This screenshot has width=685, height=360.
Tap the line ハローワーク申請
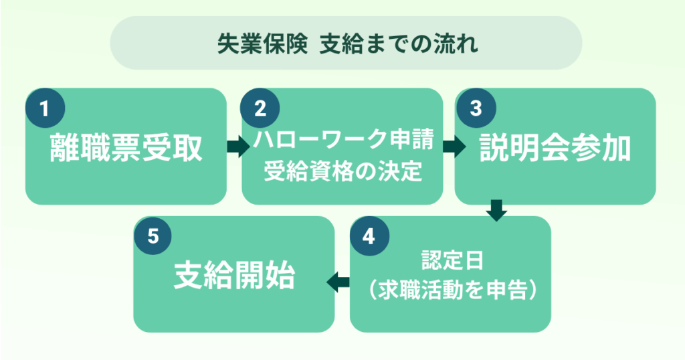tap(342, 141)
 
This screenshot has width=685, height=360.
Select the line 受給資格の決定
tap(342, 172)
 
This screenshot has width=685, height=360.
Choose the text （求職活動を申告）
tap(450, 290)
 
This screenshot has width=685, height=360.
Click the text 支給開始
tap(234, 276)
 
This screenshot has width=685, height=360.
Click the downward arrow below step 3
tap(496, 210)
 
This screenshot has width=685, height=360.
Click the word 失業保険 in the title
tap(261, 44)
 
